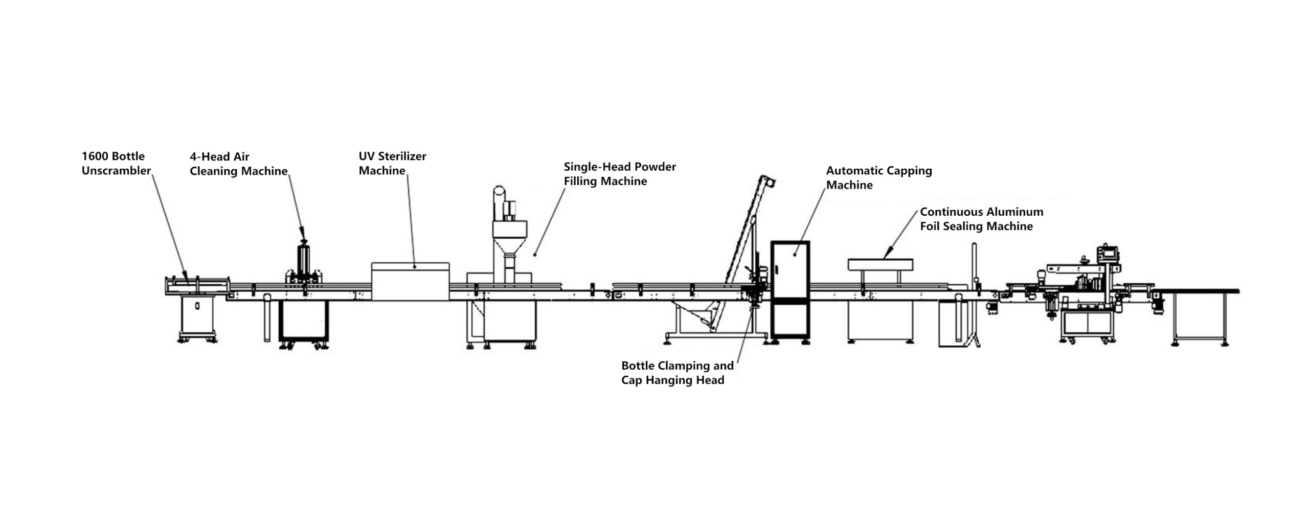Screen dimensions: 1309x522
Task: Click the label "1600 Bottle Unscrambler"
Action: pos(116,164)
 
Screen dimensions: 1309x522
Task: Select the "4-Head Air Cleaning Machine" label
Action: pos(238,164)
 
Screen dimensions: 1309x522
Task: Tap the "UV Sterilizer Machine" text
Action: pos(392,164)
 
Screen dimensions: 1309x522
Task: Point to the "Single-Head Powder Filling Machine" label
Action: pos(620,174)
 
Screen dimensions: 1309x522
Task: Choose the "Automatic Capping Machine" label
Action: pos(879,178)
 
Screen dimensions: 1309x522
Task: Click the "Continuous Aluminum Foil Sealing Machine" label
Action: pos(982,219)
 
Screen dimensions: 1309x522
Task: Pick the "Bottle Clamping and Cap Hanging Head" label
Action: pos(678,373)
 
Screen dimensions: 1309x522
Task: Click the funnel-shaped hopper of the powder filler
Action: pos(510,240)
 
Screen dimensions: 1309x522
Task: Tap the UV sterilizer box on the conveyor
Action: pos(411,281)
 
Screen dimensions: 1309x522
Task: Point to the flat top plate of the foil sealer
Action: pos(881,264)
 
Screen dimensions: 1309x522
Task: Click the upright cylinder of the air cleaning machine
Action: pos(305,261)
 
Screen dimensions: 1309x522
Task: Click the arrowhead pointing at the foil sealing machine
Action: pos(887,253)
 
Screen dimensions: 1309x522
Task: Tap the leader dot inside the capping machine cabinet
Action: pos(795,254)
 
